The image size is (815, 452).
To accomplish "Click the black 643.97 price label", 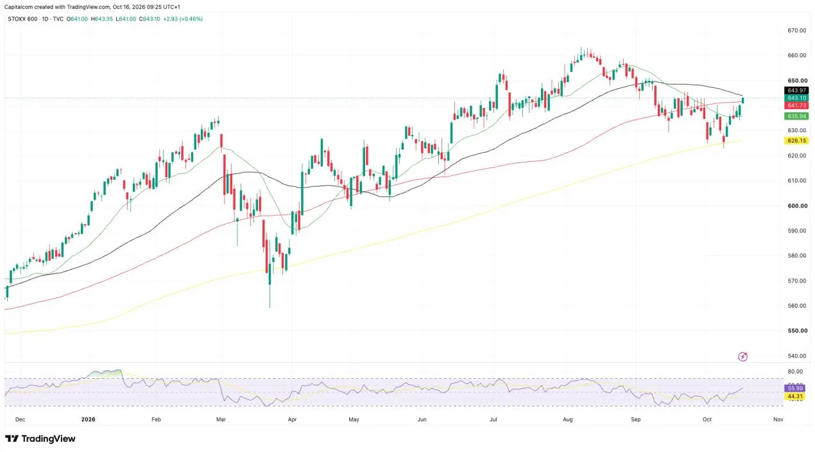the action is pos(796,91).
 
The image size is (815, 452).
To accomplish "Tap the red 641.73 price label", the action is pos(796,105).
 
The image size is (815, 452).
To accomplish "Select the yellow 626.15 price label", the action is pos(796,141).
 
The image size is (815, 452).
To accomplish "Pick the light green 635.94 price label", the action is pos(796,116).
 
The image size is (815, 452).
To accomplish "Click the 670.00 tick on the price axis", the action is pos(797,31).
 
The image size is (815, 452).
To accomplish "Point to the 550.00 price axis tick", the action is pos(797,331).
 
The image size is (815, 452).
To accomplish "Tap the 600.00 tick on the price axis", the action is pos(797,205).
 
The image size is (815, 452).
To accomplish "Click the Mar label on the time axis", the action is pos(221,419).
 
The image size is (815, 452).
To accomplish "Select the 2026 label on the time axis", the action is pos(88,419).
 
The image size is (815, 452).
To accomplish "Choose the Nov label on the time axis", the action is pos(778,419).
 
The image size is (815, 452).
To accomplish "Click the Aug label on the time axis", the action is pos(567,419).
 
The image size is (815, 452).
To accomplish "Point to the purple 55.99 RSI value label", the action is pos(795,388).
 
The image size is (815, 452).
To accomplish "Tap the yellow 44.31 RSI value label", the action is pos(795,396).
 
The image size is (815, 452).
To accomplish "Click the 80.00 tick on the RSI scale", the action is pos(795,372).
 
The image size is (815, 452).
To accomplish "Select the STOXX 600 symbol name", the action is pos(22,19).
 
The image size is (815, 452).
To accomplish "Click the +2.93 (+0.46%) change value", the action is pos(183,19).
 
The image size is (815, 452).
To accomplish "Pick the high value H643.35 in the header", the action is pos(102,19).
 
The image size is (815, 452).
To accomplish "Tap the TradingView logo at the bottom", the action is pos(40,439).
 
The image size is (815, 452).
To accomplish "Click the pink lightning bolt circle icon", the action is pos(742,356).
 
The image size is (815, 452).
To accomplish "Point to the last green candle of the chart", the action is pos(742,100).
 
